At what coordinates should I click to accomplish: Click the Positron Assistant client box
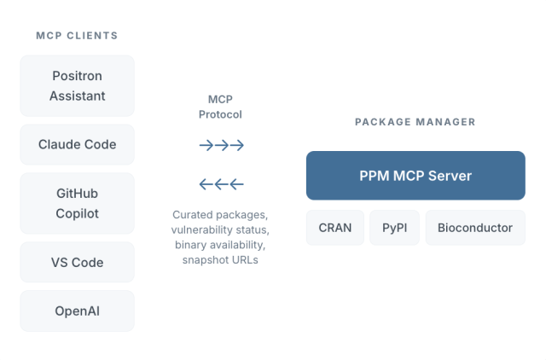77,85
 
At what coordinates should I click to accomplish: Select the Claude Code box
77,144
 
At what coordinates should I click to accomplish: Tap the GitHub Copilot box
77,203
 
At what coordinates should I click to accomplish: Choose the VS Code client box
77,262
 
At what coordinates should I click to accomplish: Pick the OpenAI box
77,311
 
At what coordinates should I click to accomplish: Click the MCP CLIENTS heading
77,36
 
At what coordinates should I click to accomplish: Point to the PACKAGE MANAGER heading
415,122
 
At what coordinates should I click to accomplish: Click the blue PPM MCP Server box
415,176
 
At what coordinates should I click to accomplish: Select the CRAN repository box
335,228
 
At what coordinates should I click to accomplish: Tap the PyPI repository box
395,228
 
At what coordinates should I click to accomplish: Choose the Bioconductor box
475,228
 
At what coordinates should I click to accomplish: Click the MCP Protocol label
221,107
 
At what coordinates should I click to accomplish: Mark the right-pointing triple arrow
221,145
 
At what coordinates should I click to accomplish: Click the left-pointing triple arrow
221,183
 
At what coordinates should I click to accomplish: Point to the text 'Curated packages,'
221,214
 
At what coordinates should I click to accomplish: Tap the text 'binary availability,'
221,245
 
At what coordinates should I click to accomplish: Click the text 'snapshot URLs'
221,260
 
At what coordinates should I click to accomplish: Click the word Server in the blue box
450,176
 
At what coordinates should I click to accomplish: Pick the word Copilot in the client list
77,213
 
